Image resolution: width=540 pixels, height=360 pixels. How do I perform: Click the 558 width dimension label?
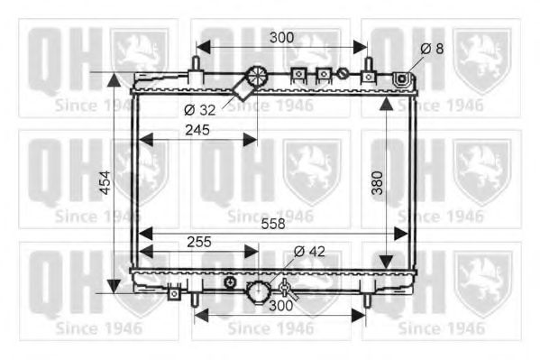point(273,224)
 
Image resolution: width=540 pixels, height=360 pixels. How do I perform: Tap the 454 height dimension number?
point(106,183)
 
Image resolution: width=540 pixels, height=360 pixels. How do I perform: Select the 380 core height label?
point(378,183)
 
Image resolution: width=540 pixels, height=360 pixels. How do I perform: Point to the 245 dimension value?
point(197,130)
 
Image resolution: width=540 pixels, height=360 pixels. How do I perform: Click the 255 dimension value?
point(199,242)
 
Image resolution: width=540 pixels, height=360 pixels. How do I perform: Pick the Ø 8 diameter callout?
point(432,49)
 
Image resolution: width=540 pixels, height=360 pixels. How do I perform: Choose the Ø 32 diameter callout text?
point(200,110)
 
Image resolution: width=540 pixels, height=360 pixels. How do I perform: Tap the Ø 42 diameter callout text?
point(309,252)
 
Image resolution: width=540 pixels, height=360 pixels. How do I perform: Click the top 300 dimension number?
point(281,38)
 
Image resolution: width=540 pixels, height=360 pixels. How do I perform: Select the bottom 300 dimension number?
point(280,306)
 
